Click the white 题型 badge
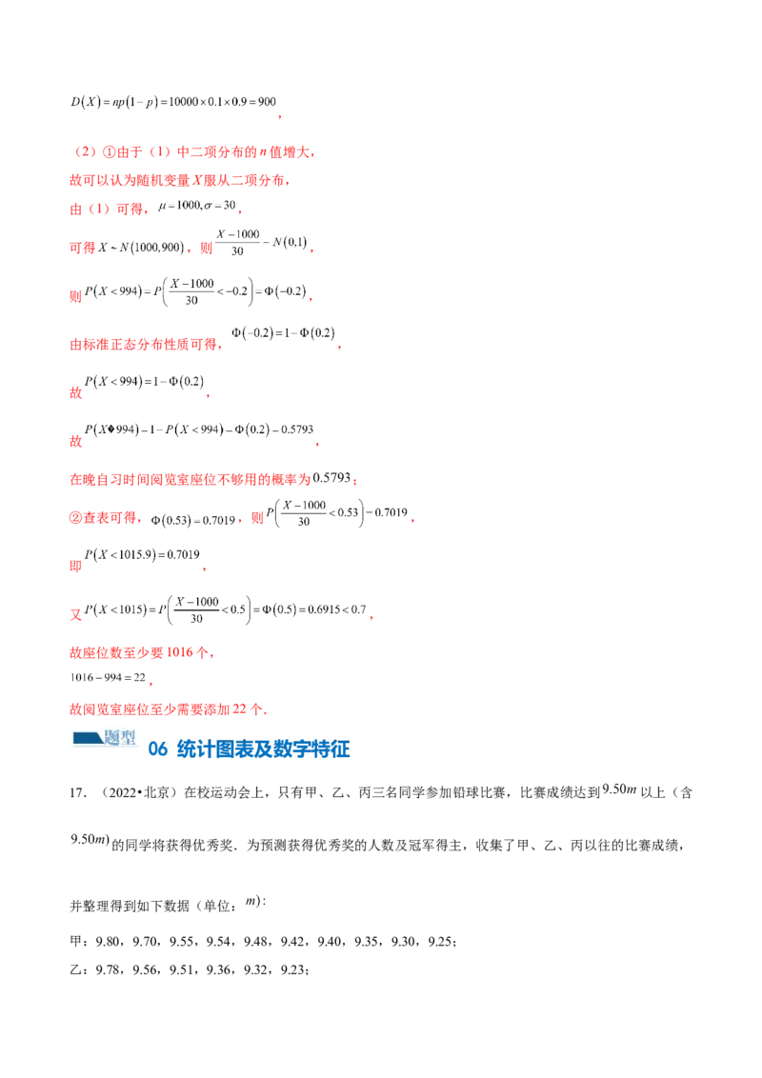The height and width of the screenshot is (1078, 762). click(x=102, y=738)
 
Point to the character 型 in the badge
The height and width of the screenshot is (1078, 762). click(x=125, y=737)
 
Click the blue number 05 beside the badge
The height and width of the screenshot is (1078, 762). click(x=157, y=749)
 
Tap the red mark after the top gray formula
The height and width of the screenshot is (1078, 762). click(x=278, y=116)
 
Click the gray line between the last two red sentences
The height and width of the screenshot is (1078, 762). click(x=110, y=679)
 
